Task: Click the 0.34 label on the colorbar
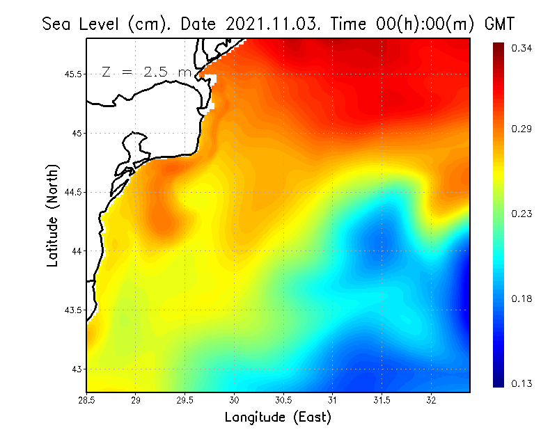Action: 523,48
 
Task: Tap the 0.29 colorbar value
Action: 523,129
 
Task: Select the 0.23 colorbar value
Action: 523,214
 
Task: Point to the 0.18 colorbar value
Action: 523,298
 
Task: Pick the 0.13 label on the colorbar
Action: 523,383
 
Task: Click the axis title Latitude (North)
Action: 52,216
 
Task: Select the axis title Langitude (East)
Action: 278,417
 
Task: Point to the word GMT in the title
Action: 499,24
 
